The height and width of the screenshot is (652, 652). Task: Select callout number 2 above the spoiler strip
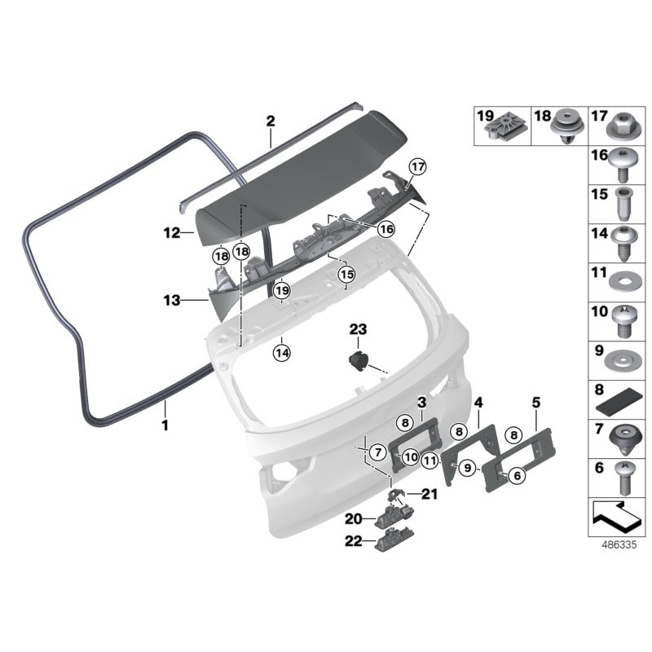click(x=271, y=121)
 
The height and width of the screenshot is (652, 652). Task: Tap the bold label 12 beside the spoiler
click(x=171, y=233)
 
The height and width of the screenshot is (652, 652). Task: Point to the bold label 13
click(x=171, y=301)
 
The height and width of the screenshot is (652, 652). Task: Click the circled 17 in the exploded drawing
click(x=418, y=168)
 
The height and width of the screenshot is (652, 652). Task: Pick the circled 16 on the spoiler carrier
click(x=385, y=229)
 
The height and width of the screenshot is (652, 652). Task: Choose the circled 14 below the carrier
click(x=282, y=353)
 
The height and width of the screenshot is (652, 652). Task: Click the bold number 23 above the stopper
click(x=359, y=330)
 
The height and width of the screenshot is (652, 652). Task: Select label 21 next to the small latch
click(x=430, y=494)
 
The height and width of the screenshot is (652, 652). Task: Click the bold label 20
click(x=353, y=518)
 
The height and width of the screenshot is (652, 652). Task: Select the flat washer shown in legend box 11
click(x=620, y=277)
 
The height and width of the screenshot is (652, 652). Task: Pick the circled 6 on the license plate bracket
click(x=516, y=476)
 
